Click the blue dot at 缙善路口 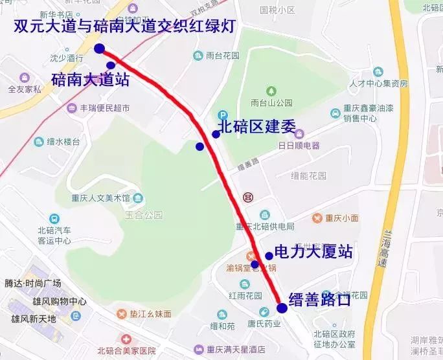[282, 308]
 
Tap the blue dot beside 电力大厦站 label [269, 256]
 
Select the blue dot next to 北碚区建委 [216, 134]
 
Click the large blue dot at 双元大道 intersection [99, 48]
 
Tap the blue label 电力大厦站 [314, 252]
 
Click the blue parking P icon [222, 112]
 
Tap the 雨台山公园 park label [272, 102]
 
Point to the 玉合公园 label [143, 214]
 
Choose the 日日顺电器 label [299, 146]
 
